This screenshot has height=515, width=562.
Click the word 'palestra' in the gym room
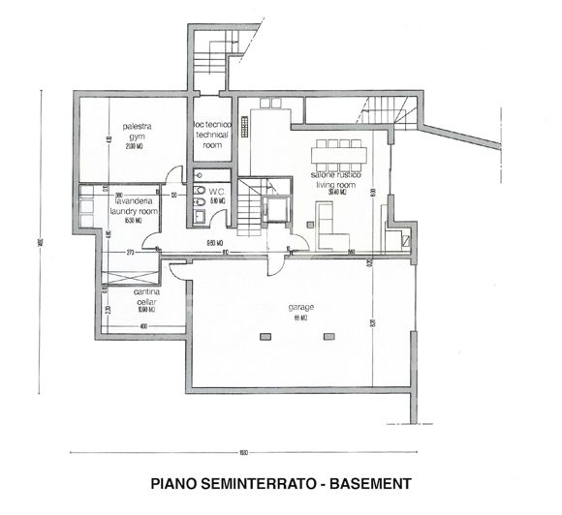point(137,127)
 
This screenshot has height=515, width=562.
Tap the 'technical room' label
point(212,136)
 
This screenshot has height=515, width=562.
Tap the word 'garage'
point(300,308)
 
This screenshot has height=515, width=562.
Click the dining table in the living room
point(339,154)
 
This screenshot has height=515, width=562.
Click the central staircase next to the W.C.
point(252,206)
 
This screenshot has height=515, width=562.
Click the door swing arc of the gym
point(174,174)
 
